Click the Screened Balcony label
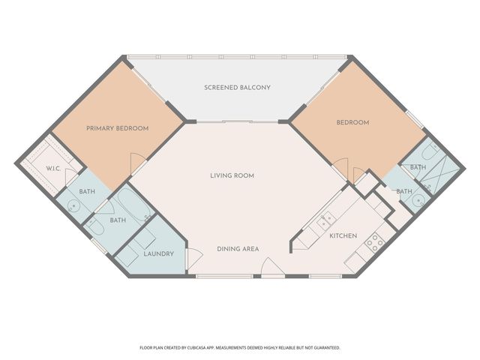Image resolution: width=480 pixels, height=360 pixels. point(237,88)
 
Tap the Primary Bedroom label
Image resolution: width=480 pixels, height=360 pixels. point(117,128)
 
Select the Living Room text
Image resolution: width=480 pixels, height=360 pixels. point(232,175)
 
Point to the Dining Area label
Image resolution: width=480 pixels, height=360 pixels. point(238,248)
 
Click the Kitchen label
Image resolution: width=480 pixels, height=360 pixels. point(343,237)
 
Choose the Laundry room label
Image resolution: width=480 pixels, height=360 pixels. point(158,253)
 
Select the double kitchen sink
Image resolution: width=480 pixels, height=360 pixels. point(325,219)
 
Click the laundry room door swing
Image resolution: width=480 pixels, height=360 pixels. point(192,259)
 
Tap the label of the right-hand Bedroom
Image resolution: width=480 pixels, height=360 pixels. point(352,122)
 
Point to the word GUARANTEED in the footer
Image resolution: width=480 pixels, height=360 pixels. point(324,348)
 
